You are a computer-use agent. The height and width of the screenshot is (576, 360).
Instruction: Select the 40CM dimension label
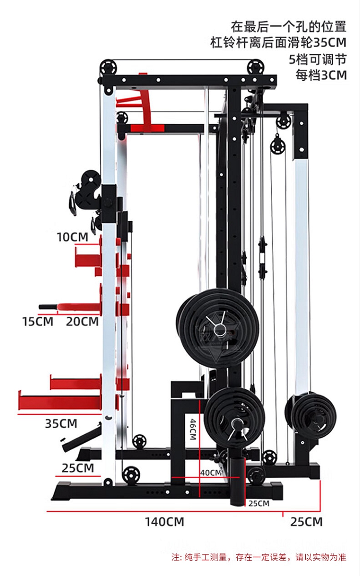click(211, 473)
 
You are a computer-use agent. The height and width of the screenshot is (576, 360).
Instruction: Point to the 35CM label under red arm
click(61, 423)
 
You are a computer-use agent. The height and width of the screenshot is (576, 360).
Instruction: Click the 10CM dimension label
click(72, 237)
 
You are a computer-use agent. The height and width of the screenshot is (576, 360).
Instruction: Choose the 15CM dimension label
click(37, 322)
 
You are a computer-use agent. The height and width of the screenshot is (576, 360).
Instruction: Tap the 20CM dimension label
click(82, 322)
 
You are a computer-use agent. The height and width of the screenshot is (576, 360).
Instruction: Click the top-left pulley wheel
click(108, 68)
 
